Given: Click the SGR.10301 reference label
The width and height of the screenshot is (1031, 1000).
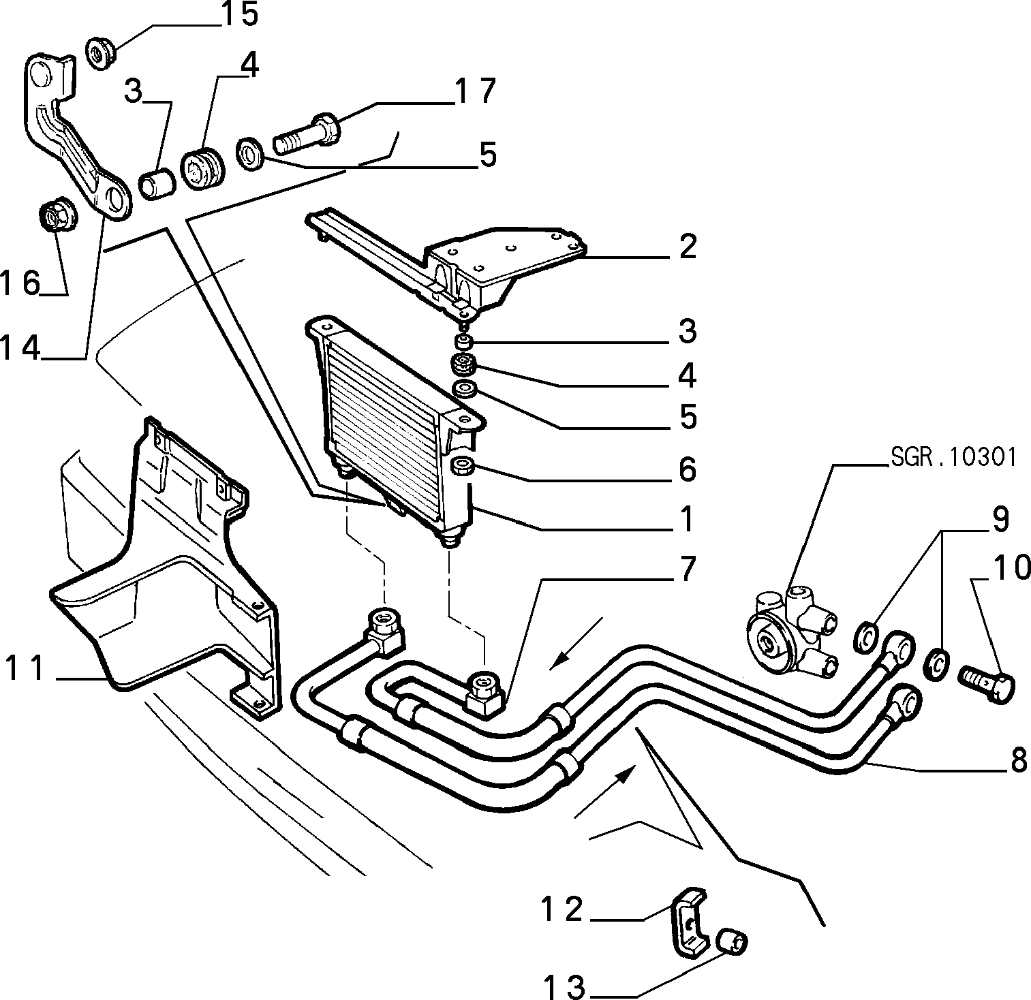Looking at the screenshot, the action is (953, 457).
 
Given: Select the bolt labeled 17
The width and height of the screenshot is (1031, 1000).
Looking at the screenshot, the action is (307, 133).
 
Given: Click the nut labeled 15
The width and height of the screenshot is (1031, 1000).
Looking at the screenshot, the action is (103, 52).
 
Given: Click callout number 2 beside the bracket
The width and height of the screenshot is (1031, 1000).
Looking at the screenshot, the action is (687, 247).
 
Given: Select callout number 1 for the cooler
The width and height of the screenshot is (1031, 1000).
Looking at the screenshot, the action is (686, 519).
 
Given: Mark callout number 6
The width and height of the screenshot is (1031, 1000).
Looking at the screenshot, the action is (687, 469).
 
